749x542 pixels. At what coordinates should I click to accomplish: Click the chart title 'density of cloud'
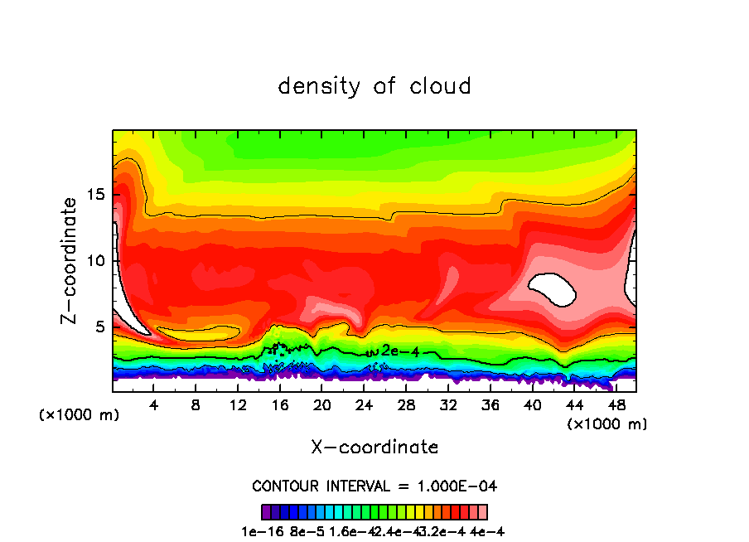point(374,85)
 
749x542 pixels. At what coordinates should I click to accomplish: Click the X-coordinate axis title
point(374,448)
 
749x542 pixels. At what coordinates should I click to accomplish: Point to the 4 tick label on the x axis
point(154,405)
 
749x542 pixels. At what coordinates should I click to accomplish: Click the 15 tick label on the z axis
point(98,196)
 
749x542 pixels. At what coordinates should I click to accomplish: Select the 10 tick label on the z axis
point(98,261)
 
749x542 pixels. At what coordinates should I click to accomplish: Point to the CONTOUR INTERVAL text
point(374,486)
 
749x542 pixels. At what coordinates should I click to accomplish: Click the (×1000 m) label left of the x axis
point(80,415)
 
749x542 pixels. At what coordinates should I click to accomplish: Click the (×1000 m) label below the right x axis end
point(607,424)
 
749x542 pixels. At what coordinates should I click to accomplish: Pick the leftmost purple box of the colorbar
point(266,511)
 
